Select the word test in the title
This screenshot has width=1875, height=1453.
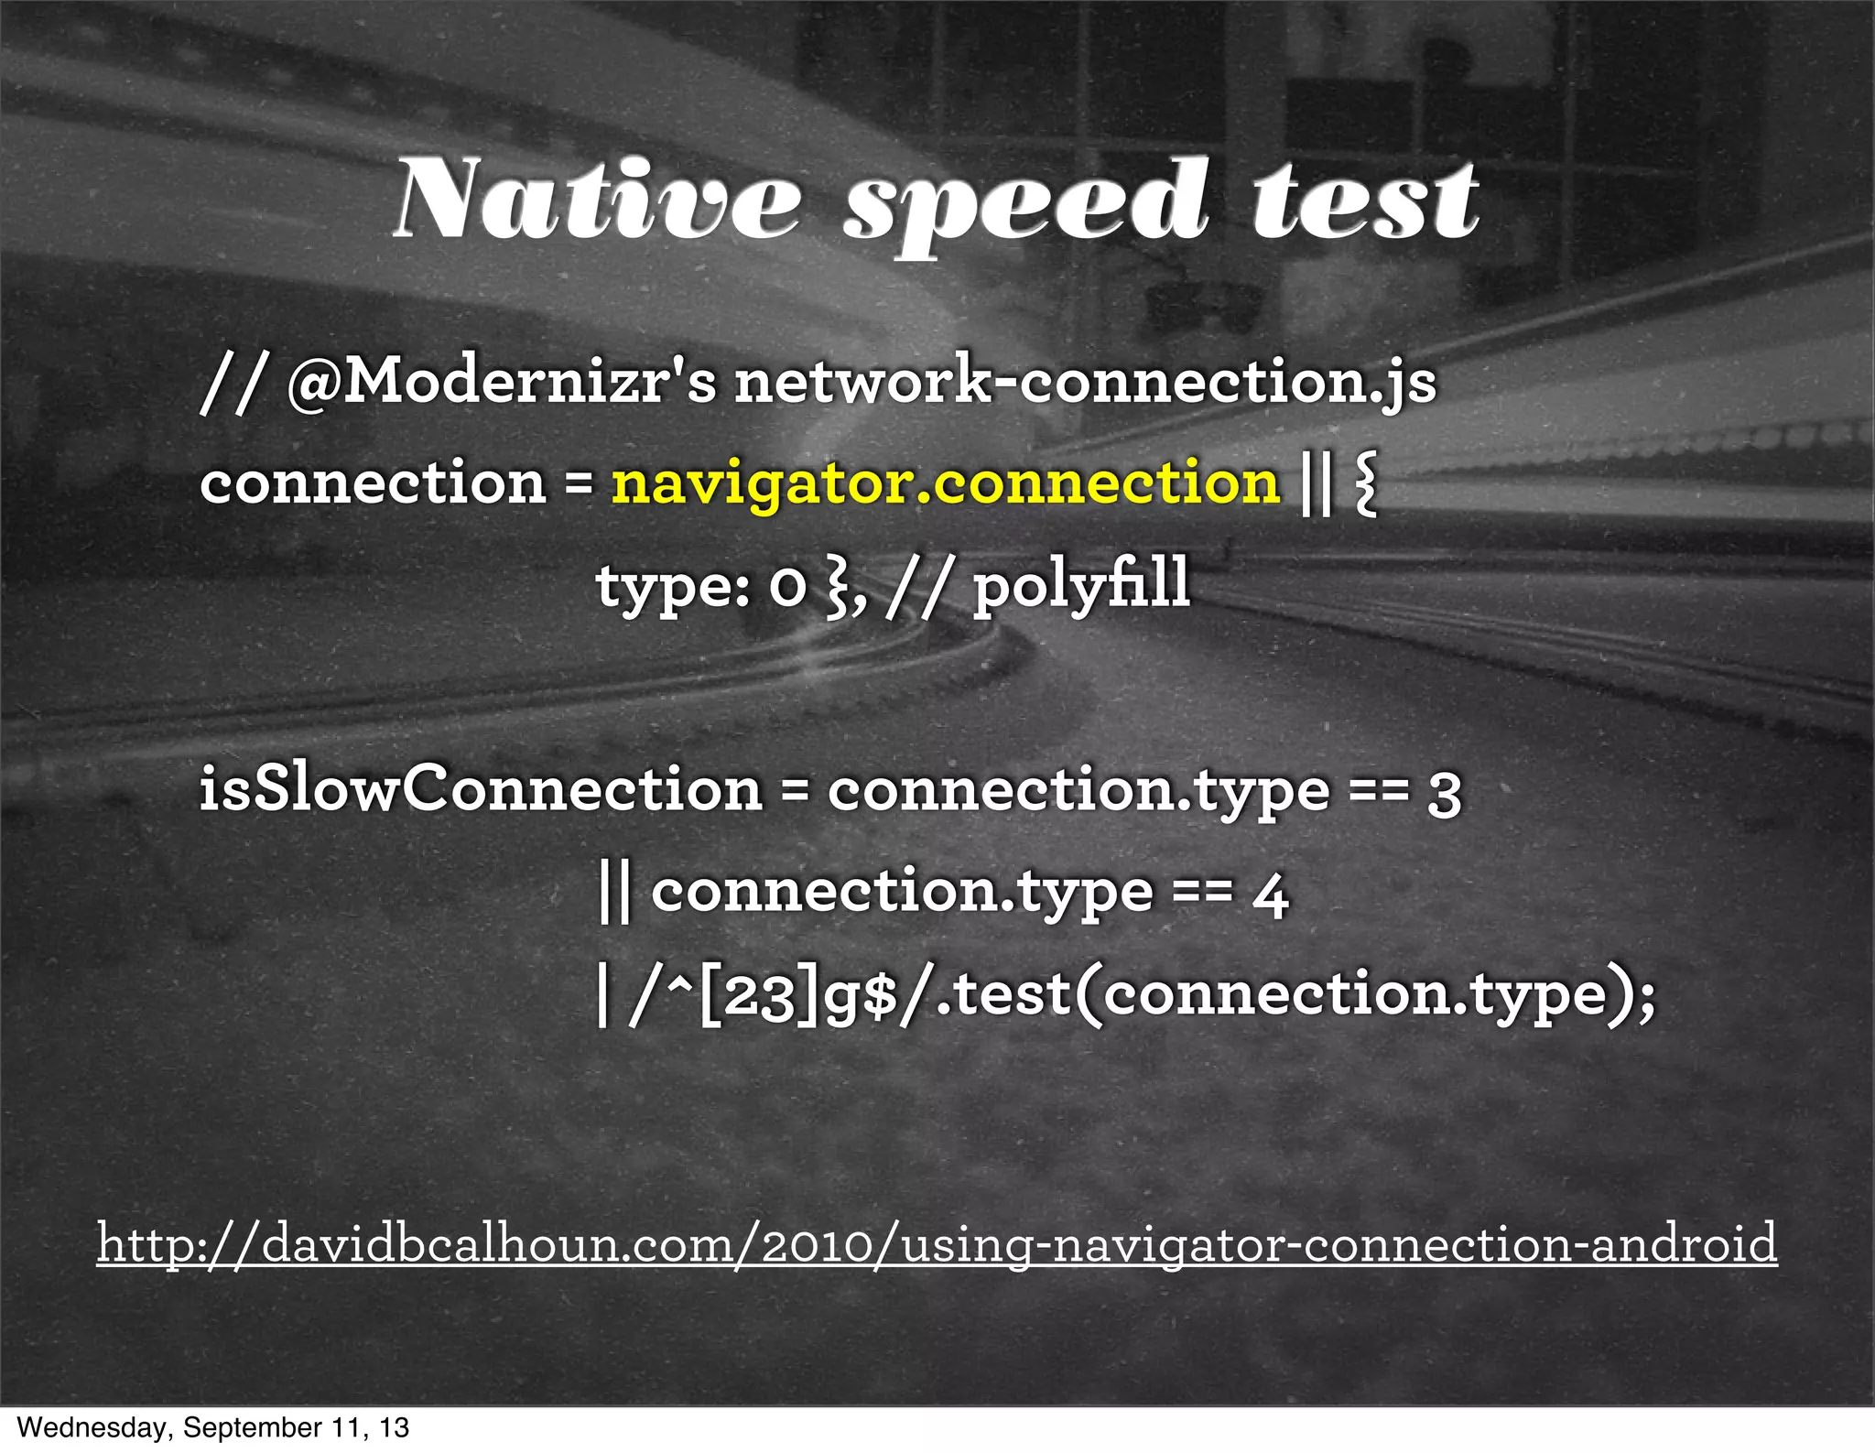1364,201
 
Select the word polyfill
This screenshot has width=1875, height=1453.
1080,586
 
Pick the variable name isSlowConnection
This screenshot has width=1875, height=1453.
481,789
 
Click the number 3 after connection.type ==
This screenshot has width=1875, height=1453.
1444,793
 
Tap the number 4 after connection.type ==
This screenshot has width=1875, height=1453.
1271,895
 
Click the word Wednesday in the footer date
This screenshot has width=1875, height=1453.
92,1428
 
